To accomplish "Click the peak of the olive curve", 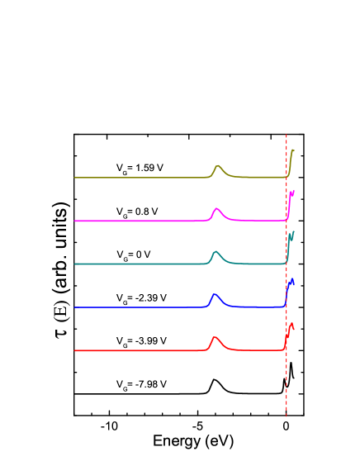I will (x=218, y=166).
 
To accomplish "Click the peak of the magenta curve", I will (x=216, y=208).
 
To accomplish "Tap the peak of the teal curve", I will (x=216, y=251).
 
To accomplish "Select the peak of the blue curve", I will (x=215, y=294).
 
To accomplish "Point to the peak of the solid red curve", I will (x=215, y=337).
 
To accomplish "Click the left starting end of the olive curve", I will (x=75, y=178).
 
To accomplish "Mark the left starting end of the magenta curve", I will (x=75, y=221).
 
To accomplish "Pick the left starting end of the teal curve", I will (x=75, y=264).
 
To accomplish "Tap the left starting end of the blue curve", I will (x=75, y=307).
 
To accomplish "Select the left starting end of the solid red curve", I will (x=75, y=350).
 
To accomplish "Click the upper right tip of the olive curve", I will (x=293, y=150).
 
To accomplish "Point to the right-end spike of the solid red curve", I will (x=291, y=324).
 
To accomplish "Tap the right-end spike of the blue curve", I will (x=291, y=280).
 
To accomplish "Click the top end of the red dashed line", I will (x=287, y=135).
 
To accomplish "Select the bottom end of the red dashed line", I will (x=287, y=417).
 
